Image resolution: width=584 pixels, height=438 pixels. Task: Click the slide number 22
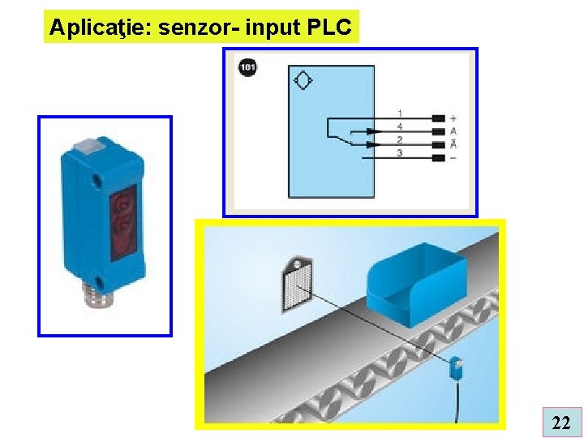pos(560,422)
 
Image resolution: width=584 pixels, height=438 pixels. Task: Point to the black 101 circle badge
pos(247,67)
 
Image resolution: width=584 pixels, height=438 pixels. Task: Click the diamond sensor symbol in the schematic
pos(304,80)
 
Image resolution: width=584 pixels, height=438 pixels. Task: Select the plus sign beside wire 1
pos(453,118)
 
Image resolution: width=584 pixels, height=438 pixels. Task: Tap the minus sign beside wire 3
pos(453,157)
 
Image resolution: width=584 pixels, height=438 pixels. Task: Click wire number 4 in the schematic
pos(400,127)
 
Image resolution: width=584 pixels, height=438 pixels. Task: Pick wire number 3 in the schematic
pos(400,152)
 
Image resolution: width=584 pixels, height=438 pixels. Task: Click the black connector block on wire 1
pos(439,118)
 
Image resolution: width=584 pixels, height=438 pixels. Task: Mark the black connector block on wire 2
pos(439,144)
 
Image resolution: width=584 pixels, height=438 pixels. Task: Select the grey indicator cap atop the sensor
pos(87,148)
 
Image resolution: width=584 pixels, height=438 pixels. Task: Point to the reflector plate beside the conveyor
pos(297,285)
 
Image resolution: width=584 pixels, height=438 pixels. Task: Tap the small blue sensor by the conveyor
pos(456,367)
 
